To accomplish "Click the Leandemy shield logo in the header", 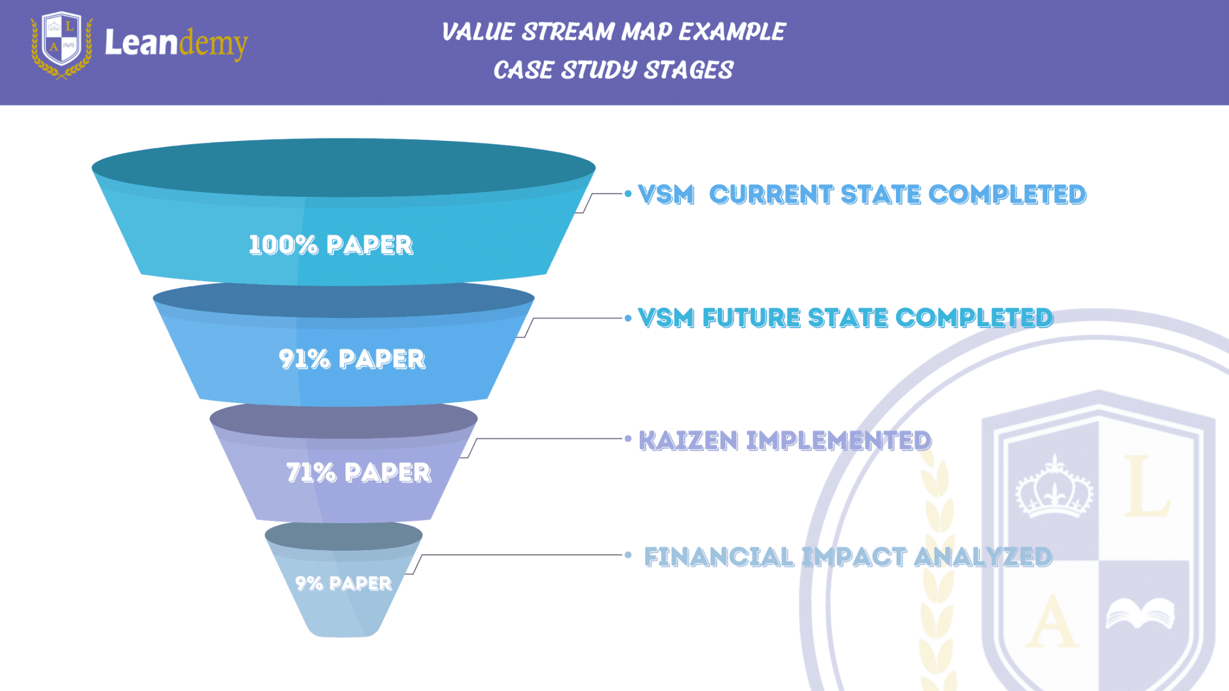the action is (62, 44).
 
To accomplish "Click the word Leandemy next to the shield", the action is (176, 43).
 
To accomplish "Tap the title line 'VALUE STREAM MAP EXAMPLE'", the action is (613, 32).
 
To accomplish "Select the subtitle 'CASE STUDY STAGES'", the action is (613, 70).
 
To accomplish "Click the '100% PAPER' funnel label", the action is (331, 245).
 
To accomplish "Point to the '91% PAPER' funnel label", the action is (352, 359).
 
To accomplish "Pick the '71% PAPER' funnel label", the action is (358, 473).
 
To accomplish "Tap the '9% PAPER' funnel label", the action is (343, 583).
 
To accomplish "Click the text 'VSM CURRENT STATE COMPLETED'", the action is (862, 194).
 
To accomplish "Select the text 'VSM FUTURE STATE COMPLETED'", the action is (846, 318).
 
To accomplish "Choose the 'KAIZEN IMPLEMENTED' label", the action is (785, 441).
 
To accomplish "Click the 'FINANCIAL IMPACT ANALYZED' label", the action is (848, 557).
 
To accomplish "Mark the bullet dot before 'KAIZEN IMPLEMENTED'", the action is (628, 439).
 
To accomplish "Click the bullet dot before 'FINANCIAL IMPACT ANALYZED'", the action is (628, 555).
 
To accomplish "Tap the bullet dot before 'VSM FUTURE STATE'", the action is (628, 318).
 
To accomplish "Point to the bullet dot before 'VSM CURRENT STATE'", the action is (628, 194).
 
